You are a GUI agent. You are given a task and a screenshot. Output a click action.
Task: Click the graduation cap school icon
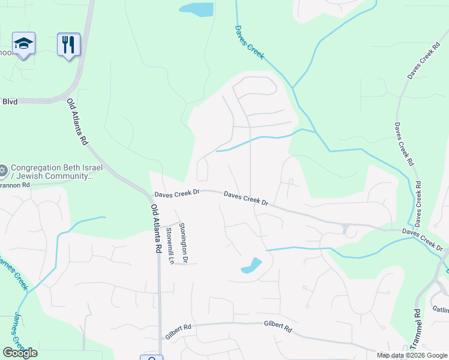pos(23,44)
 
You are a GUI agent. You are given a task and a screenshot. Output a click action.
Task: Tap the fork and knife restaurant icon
pos(68,44)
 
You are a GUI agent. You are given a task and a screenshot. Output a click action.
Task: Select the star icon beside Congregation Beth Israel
pos(4,170)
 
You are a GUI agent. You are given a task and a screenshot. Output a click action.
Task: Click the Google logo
pos(20,353)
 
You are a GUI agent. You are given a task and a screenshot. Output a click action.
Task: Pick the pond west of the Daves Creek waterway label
pos(196,9)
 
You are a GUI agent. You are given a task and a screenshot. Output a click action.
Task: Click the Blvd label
pos(10,101)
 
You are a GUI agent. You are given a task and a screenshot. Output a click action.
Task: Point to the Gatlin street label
pos(440,309)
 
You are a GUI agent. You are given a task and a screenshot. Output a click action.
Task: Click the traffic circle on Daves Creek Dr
pos(346,229)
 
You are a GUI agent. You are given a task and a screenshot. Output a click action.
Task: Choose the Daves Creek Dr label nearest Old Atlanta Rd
pos(176,194)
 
